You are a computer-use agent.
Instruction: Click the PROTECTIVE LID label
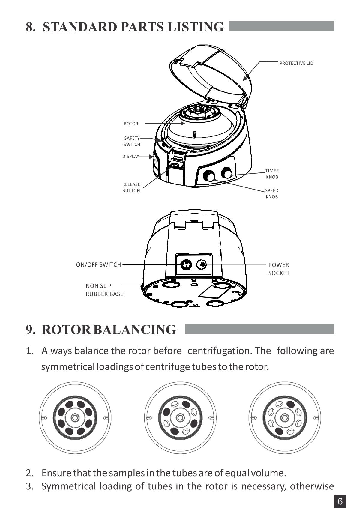tap(296, 63)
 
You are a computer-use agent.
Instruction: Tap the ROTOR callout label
tap(131, 124)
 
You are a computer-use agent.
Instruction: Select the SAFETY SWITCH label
tap(132, 141)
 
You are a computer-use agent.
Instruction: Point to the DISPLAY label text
tap(131, 157)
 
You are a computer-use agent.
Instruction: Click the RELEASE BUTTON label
tap(131, 187)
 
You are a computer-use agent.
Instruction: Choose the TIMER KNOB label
tap(272, 174)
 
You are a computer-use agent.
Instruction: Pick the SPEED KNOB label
tap(272, 194)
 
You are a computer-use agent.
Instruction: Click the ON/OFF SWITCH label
tap(99, 265)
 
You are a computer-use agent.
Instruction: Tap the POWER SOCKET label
tap(279, 269)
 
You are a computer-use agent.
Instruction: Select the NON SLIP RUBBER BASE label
tap(104, 290)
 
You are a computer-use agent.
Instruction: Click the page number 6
tap(340, 501)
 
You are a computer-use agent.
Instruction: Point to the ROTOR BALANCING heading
tap(109, 330)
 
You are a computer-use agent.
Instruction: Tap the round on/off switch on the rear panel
tap(186, 264)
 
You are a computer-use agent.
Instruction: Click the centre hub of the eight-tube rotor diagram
tap(75, 418)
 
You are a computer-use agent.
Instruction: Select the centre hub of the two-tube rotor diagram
tap(284, 418)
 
